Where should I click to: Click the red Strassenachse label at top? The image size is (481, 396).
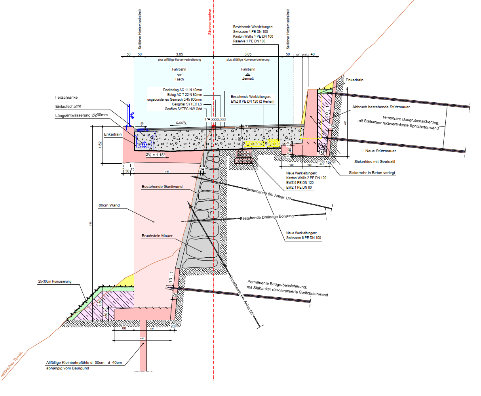click(x=210, y=22)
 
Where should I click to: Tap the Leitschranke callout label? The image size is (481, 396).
click(x=67, y=98)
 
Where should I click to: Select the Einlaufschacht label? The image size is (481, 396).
click(x=68, y=106)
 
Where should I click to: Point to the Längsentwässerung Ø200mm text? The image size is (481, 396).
click(x=81, y=115)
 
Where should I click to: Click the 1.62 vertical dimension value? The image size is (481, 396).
click(x=100, y=145)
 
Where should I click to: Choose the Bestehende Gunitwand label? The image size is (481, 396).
click(x=162, y=187)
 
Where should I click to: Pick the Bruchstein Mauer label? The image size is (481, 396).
click(x=157, y=236)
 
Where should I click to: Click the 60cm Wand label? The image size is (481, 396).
click(x=109, y=205)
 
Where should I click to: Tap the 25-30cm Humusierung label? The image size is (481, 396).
click(x=55, y=281)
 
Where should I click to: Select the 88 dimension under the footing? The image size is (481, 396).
click(x=124, y=328)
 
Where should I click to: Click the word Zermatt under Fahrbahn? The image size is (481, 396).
click(x=248, y=78)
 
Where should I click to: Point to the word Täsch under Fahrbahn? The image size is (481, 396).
click(x=179, y=79)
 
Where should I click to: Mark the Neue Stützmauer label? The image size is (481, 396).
click(x=380, y=151)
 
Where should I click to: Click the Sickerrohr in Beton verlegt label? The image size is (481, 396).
click(x=372, y=173)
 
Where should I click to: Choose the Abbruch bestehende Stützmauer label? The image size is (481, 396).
click(x=381, y=107)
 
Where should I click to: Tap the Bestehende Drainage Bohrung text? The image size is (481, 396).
click(x=267, y=217)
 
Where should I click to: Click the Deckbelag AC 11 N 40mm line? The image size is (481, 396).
click(x=182, y=90)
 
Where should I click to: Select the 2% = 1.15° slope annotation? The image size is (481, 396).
click(x=155, y=155)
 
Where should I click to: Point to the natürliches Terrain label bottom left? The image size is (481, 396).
click(x=12, y=364)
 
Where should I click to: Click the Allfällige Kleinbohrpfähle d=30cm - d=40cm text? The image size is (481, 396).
click(x=84, y=363)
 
